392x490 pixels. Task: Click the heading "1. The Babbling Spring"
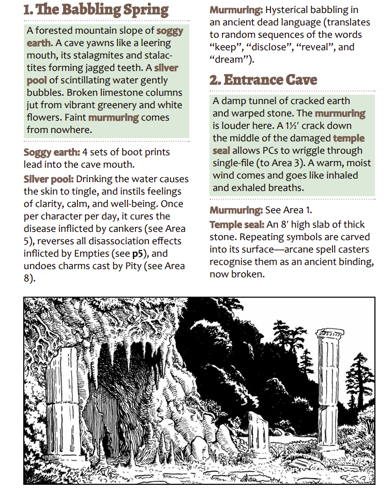(96, 10)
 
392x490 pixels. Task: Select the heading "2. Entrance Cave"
(263, 80)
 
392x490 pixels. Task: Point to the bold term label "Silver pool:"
(50, 180)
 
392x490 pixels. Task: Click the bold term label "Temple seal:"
(237, 225)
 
